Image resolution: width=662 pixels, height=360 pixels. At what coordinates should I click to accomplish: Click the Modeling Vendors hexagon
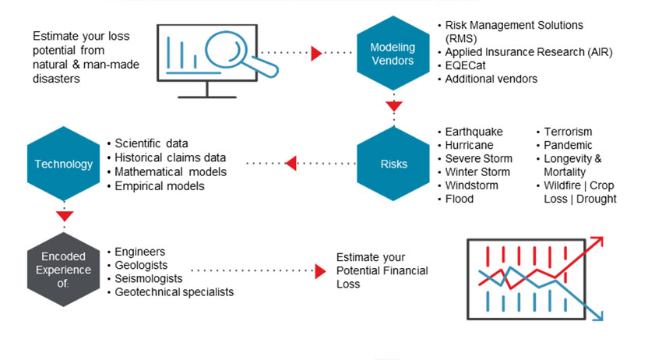point(393,53)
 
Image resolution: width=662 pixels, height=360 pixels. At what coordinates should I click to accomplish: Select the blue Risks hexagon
point(393,164)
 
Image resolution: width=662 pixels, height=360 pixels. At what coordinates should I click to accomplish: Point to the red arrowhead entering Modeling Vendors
point(316,53)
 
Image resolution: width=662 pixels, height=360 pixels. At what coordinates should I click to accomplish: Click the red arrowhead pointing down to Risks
point(393,106)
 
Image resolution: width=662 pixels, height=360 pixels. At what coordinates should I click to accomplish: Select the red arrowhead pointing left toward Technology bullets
point(291,164)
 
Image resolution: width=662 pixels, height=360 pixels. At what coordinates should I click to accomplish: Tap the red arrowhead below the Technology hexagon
point(65,215)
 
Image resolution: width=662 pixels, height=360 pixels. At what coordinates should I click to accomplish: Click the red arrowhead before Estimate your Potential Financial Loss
point(319,271)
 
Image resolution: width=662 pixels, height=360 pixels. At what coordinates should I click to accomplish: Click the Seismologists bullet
point(149,278)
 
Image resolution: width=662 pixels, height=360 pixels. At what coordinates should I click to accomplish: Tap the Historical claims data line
point(170,157)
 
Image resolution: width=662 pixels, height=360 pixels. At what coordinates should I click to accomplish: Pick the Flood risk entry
point(459,199)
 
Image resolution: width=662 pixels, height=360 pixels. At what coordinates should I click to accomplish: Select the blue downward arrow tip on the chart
point(602,315)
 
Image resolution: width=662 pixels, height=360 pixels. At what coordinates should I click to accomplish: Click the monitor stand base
point(206,96)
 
